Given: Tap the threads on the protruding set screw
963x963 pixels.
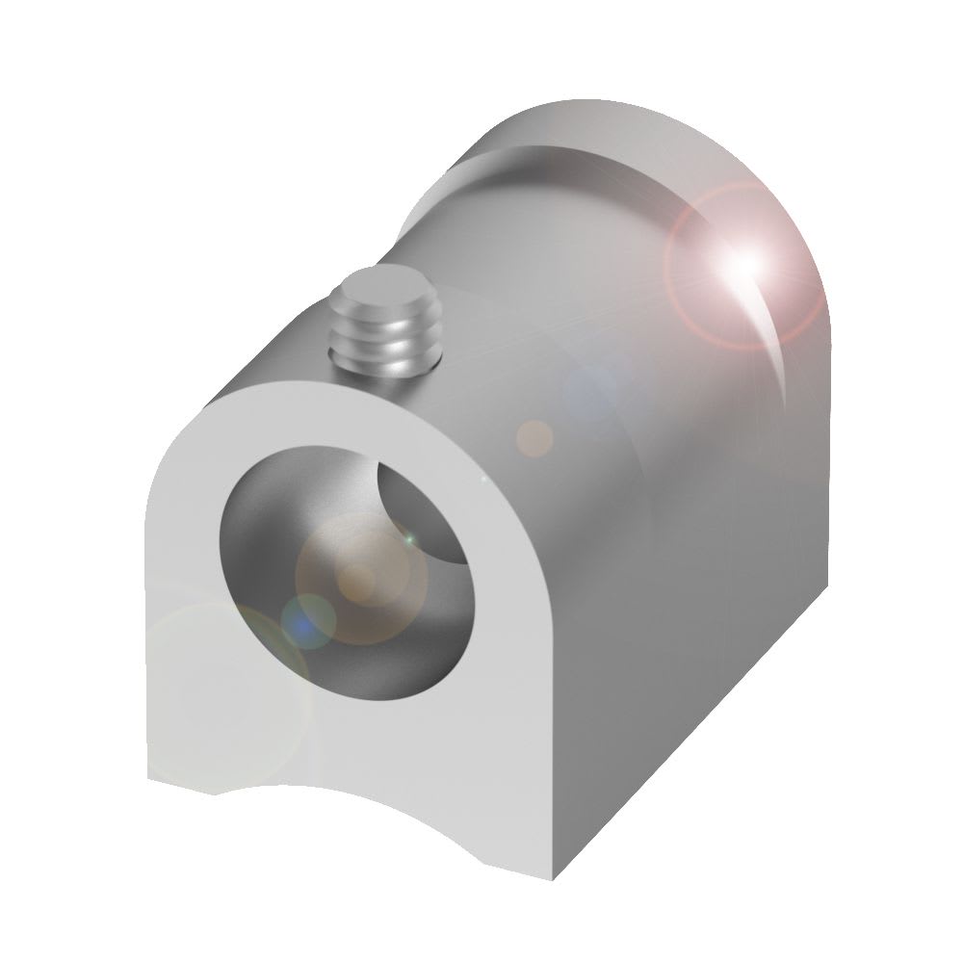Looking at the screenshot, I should point(382,337).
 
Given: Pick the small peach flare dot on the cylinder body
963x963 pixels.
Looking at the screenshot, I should point(534,438).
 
